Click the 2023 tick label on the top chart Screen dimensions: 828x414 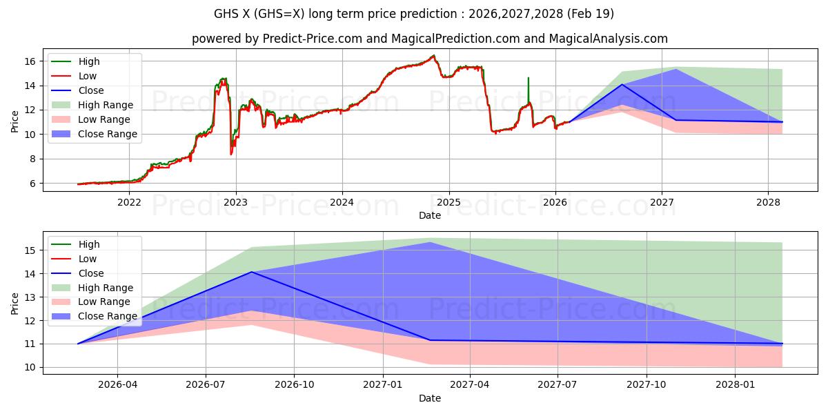(236, 203)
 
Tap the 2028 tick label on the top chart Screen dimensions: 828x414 (768, 203)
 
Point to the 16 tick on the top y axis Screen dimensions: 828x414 (30, 61)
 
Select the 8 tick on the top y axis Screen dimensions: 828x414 (33, 159)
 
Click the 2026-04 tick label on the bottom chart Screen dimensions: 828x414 (117, 385)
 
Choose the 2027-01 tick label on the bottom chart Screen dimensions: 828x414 (383, 385)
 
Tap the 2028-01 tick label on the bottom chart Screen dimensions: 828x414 (736, 385)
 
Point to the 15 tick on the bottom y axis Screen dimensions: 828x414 (30, 250)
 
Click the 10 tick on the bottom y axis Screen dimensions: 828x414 (30, 367)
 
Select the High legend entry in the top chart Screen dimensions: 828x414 (89, 61)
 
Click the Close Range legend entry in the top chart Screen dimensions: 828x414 (107, 134)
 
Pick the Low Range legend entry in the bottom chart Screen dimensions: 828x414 (104, 302)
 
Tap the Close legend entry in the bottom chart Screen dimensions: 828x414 (91, 273)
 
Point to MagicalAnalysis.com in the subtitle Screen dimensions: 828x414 (608, 39)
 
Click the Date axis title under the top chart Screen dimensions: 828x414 (429, 215)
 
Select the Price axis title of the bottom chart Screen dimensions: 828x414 (14, 304)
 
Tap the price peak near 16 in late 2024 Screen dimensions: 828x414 (433, 56)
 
